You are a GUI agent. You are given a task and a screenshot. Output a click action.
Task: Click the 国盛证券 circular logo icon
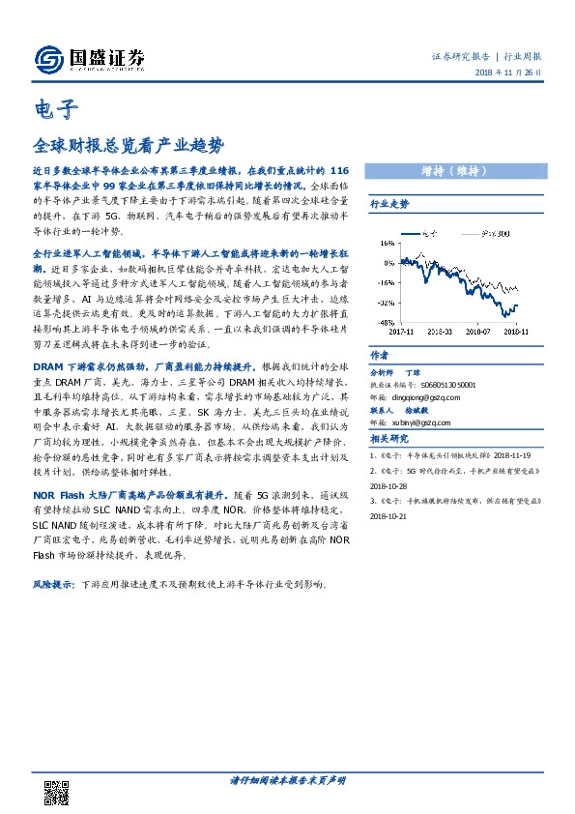48,58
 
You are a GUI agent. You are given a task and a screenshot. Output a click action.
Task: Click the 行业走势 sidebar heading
390,205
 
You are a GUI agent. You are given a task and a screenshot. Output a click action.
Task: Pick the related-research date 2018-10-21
391,516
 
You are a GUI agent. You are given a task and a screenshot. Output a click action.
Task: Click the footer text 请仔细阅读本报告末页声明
288,779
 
